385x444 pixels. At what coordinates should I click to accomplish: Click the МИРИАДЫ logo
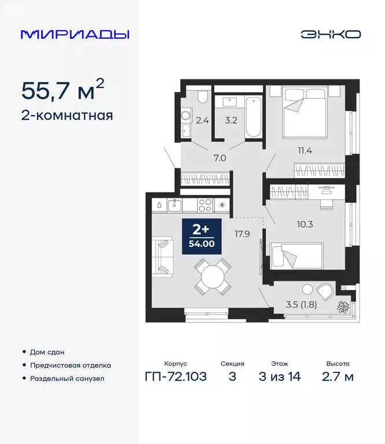pyautogui.click(x=75, y=34)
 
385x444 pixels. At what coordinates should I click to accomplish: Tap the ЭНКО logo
pyautogui.click(x=330, y=34)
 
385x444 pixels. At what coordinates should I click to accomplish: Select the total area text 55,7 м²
pyautogui.click(x=62, y=91)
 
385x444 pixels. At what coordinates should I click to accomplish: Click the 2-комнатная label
pyautogui.click(x=67, y=115)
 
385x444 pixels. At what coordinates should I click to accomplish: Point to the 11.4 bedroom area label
pyautogui.click(x=304, y=151)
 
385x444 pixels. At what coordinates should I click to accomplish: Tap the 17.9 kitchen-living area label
pyautogui.click(x=242, y=235)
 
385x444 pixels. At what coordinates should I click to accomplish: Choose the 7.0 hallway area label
pyautogui.click(x=219, y=157)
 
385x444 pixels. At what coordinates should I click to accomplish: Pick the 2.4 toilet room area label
pyautogui.click(x=202, y=121)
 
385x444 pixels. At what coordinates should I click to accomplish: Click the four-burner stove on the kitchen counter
pyautogui.click(x=205, y=204)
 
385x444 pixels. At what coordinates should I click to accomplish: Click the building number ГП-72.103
pyautogui.click(x=175, y=378)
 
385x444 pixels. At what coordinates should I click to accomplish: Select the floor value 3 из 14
pyautogui.click(x=277, y=378)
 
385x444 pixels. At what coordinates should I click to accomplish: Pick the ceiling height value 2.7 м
pyautogui.click(x=338, y=378)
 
